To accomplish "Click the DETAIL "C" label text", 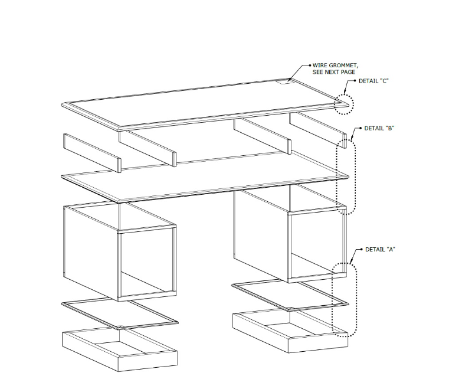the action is point(373,81).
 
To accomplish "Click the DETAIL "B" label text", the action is point(379,128).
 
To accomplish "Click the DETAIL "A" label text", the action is point(380,250).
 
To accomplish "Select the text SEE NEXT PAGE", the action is point(334,72).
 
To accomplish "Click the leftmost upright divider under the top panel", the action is point(92,153).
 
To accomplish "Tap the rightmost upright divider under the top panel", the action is point(318,130).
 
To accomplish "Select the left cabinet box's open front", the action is point(147,263).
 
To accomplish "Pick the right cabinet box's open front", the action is point(317,245).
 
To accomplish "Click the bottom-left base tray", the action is point(120,350).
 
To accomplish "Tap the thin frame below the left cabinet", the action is point(119,313).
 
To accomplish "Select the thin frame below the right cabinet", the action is point(290,295).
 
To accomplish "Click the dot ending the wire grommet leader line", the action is point(310,66).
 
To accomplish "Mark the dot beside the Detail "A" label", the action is point(362,250).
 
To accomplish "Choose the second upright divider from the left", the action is point(148,148).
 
